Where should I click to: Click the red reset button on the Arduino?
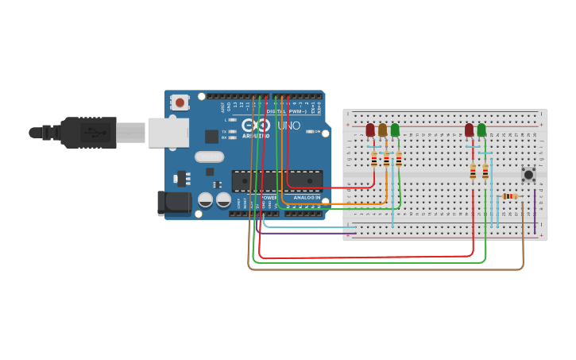(x=180, y=102)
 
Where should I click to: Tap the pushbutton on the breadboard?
(x=527, y=173)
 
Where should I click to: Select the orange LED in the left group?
(x=382, y=130)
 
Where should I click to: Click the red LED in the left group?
(x=370, y=130)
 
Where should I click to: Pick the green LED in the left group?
(x=395, y=130)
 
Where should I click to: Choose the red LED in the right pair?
(x=470, y=130)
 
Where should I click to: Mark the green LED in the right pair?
(x=481, y=130)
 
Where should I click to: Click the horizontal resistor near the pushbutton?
(x=509, y=196)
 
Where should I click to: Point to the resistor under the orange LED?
(x=386, y=161)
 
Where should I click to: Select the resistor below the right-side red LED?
(x=473, y=172)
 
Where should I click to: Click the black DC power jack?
(x=175, y=203)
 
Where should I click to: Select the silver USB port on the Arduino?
(x=168, y=133)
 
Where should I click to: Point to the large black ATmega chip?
(x=276, y=181)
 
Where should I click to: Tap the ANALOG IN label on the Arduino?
(x=307, y=197)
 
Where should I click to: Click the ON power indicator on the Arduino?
(x=317, y=132)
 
